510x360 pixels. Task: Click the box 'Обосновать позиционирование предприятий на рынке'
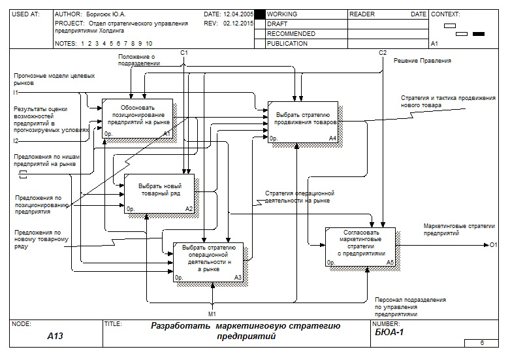137,118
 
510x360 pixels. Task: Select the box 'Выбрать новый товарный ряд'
159,193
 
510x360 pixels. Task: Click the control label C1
184,52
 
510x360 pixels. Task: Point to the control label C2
383,52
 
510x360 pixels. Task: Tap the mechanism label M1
212,314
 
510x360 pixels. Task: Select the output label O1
494,245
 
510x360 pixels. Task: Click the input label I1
16,92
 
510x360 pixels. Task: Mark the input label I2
16,140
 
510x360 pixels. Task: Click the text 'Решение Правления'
422,61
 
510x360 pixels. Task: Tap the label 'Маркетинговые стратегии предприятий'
460,229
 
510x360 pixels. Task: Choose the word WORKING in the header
282,14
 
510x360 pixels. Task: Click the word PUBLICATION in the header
287,44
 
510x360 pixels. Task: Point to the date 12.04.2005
237,14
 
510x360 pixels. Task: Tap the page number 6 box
482,342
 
